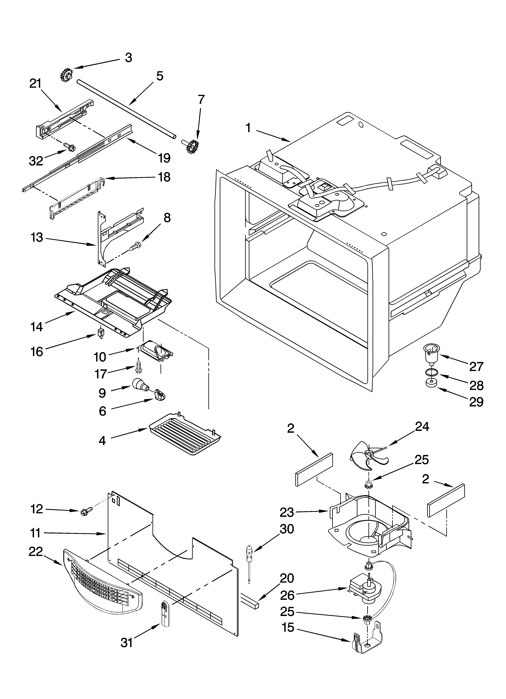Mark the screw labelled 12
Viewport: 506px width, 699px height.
point(84,512)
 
